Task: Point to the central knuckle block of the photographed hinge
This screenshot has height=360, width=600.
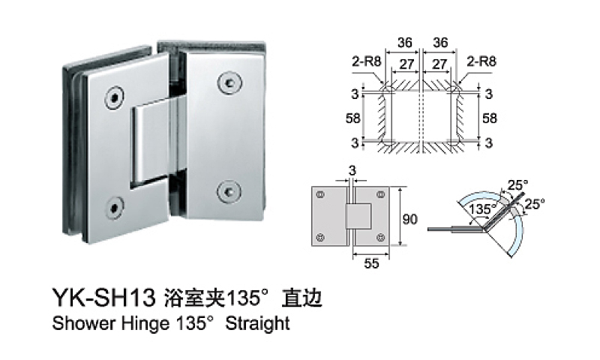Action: tap(154, 144)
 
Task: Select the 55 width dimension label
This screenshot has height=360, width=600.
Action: tap(371, 262)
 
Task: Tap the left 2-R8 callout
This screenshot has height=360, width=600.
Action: tap(366, 64)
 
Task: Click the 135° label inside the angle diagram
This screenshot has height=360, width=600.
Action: tap(480, 211)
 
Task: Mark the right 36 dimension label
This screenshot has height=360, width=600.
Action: tap(440, 44)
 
